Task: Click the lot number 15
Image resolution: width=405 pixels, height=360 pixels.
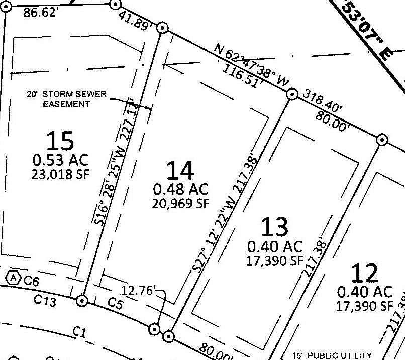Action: [x=60, y=141]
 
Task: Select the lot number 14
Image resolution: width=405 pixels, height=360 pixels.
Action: [x=180, y=171]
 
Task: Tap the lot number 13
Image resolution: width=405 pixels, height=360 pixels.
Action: [x=274, y=227]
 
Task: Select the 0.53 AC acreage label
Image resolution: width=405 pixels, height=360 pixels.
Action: [x=60, y=160]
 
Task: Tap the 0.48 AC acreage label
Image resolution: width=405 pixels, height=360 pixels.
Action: [x=180, y=189]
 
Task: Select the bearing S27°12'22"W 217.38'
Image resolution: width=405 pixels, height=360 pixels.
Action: [x=227, y=215]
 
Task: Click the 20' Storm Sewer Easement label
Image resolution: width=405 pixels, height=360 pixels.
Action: [x=67, y=99]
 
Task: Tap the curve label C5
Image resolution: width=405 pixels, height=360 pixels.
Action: [x=115, y=303]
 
